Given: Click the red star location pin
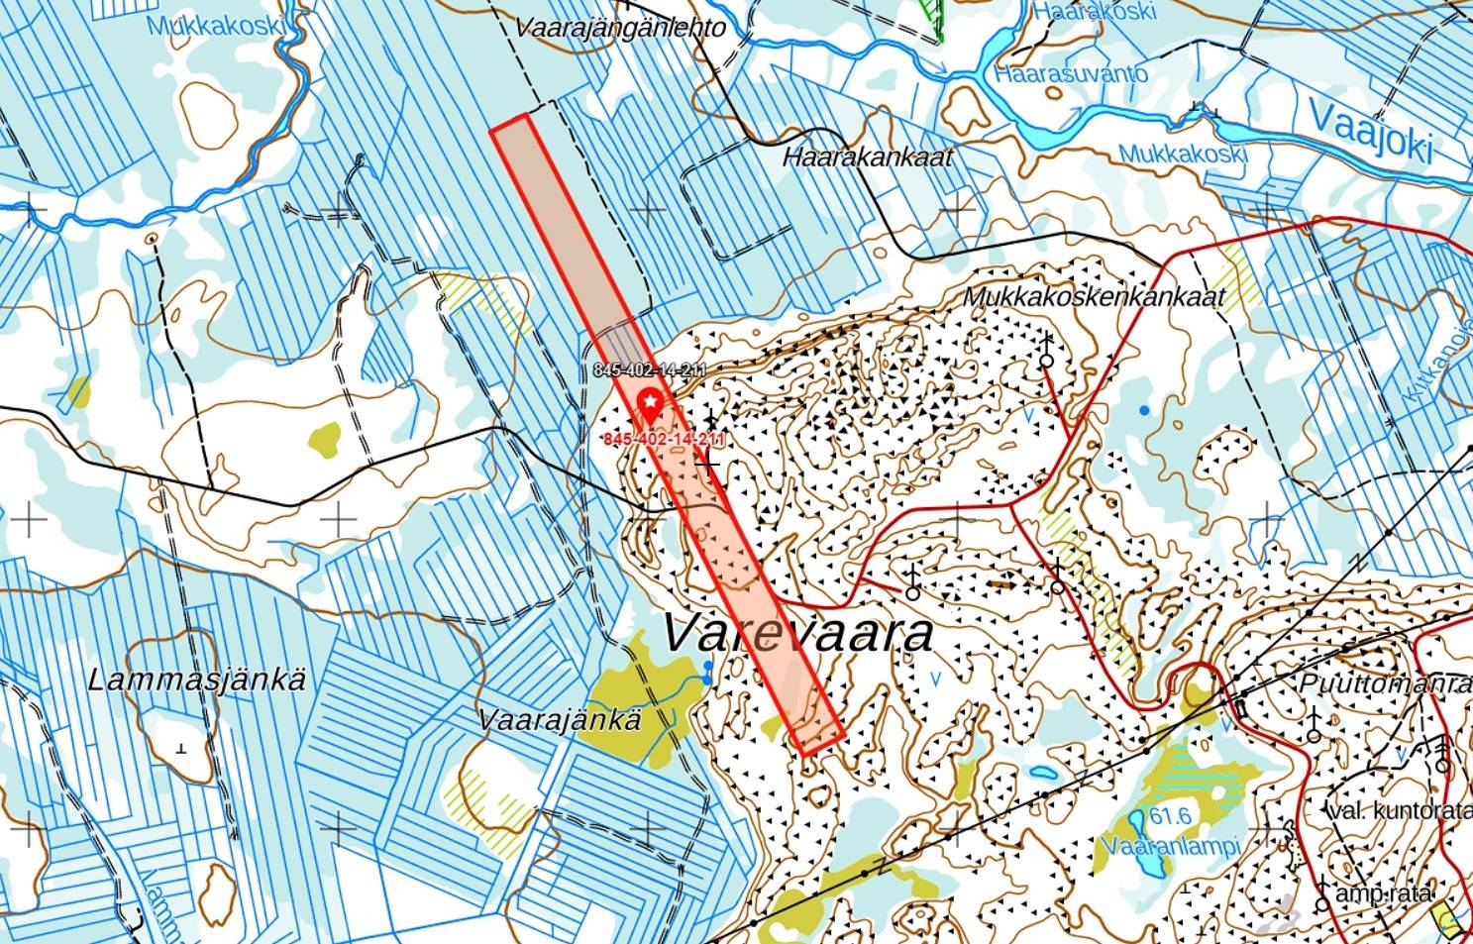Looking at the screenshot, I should click(650, 403).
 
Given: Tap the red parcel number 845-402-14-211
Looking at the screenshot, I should click(664, 440).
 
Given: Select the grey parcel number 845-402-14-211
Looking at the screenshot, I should click(650, 370).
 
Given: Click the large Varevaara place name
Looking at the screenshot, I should click(796, 634).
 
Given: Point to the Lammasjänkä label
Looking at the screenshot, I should click(197, 681).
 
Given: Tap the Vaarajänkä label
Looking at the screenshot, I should click(560, 720).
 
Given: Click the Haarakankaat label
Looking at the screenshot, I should click(867, 157).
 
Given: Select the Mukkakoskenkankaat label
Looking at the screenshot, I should click(1094, 296).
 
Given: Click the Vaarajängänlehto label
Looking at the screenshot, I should click(620, 28).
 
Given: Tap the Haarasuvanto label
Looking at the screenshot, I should click(1072, 74).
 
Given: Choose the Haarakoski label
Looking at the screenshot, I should click(1094, 12).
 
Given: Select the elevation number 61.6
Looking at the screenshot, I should click(1170, 816).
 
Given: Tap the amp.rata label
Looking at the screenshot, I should click(1383, 893).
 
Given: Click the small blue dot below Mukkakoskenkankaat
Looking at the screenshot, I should click(1145, 409).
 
